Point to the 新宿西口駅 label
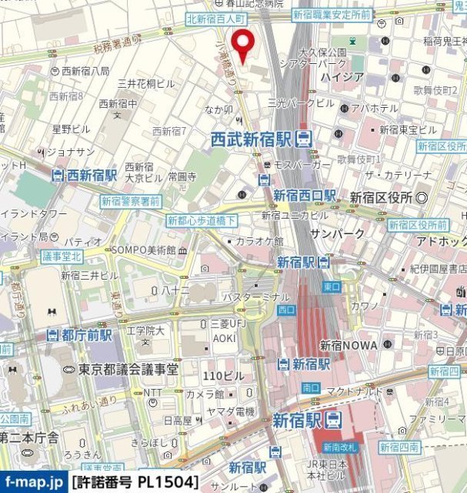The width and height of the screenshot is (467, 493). tap(304, 196)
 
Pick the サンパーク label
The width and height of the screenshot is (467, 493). tap(337, 233)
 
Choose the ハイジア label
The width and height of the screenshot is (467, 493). tap(337, 76)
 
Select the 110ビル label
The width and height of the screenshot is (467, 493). tap(222, 376)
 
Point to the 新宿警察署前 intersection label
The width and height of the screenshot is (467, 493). tap(131, 201)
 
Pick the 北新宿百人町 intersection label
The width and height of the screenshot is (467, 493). tap(215, 17)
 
